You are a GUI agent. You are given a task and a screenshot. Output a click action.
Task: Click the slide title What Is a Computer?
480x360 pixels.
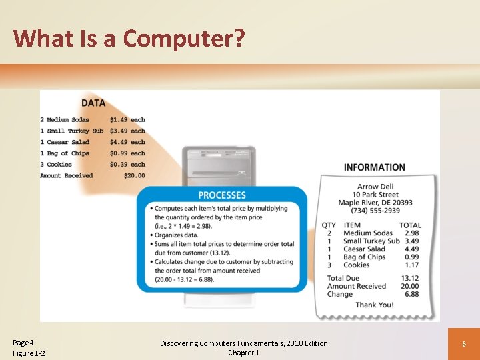pos(129,38)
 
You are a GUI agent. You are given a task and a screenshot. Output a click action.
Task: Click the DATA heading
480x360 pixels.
pos(93,103)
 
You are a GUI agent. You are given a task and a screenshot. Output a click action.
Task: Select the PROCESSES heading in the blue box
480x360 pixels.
pos(222,195)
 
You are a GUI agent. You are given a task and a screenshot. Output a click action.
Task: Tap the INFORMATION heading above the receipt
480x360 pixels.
pos(374,167)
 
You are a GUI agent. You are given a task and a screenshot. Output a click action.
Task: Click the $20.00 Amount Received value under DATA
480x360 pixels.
pos(134,175)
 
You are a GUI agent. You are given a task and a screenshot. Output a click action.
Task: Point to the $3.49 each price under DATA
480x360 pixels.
pos(127,131)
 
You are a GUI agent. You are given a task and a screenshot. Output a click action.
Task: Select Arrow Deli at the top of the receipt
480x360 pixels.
pos(377,187)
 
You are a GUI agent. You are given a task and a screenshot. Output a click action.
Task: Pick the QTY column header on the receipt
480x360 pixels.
pos(329,225)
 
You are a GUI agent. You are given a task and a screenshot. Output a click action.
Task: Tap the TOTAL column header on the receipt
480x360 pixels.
pos(410,225)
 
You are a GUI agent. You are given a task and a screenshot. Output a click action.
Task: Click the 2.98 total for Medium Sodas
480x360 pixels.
pos(411,233)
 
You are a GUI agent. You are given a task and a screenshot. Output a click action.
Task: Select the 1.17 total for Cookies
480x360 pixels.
pos(411,265)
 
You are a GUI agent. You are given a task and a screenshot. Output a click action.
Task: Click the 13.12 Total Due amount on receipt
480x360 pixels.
pos(410,278)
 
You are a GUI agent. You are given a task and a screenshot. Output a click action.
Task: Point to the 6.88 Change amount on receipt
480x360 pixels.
pos(411,294)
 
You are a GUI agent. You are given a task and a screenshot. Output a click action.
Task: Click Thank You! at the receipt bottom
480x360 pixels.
pos(374,305)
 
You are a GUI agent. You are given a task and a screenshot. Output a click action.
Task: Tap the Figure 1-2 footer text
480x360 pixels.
pos(29,353)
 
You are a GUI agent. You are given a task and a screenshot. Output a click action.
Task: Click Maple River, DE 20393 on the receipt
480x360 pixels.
pos(375,203)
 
